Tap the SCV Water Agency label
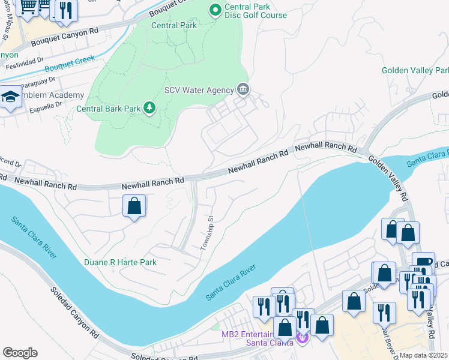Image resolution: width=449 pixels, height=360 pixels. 199,91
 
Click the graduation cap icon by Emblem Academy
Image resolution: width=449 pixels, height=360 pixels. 11,97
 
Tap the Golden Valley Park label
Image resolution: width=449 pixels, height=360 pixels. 415,71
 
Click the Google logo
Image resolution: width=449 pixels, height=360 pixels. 20,353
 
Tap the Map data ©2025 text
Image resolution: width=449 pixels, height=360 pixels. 424,355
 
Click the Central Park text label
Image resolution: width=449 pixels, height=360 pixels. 173,26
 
